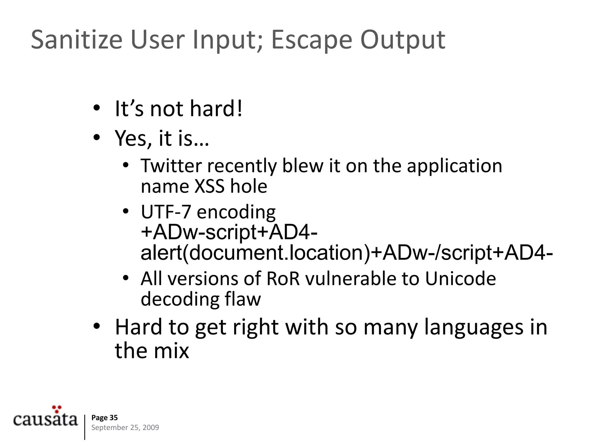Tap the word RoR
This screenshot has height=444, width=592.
(283, 279)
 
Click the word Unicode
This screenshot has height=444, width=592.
(460, 279)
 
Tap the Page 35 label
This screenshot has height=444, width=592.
(104, 417)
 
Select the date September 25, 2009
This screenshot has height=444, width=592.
(125, 428)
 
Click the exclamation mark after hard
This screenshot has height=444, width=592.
(239, 108)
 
